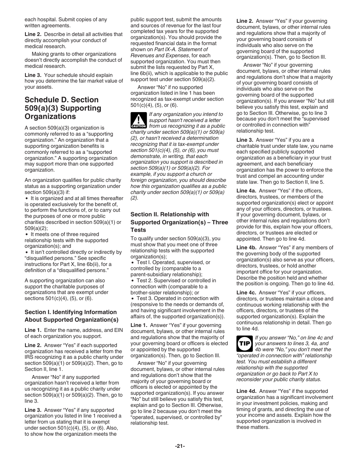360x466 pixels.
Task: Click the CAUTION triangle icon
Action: [x=136, y=120]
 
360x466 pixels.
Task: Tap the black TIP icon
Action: [x=243, y=344]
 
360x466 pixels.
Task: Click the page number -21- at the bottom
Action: [x=180, y=446]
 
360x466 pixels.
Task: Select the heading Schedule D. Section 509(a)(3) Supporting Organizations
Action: [x=63, y=108]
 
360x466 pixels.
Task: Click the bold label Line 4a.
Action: [x=246, y=191]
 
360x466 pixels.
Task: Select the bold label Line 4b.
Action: [x=246, y=248]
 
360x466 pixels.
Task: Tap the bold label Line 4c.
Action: [x=246, y=292]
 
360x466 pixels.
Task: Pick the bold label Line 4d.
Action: [x=246, y=391]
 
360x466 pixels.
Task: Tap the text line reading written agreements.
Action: [x=47, y=25]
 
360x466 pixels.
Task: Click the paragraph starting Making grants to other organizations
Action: [x=74, y=60]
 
